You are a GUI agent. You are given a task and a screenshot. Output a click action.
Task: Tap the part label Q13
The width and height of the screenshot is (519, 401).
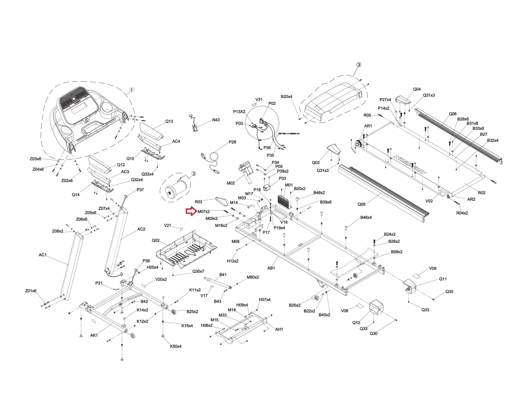(169, 121)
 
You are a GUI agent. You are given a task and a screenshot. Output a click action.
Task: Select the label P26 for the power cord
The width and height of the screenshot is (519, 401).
(232, 142)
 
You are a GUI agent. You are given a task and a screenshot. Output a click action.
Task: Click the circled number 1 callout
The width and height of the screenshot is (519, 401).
(132, 90)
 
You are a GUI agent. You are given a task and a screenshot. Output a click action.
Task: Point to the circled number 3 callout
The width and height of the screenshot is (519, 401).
(359, 65)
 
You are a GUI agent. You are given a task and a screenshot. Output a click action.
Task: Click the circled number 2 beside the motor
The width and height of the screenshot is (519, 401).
(194, 174)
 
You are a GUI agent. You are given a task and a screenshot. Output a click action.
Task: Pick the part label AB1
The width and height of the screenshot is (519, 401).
(271, 268)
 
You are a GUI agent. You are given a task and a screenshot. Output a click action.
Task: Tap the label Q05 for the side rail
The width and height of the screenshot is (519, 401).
(361, 204)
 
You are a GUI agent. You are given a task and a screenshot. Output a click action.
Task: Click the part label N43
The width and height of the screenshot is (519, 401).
(216, 120)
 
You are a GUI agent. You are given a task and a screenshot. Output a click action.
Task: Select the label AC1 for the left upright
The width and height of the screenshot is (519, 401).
(43, 255)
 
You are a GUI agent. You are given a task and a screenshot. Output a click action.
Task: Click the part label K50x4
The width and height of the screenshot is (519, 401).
(176, 346)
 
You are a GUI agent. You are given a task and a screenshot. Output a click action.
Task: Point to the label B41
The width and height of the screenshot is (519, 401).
(223, 275)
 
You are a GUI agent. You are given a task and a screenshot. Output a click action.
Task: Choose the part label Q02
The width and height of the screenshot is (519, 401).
(156, 240)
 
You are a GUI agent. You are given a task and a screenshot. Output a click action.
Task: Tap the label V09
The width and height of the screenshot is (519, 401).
(433, 268)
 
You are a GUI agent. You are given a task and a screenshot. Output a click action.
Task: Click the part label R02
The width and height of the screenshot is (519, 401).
(481, 193)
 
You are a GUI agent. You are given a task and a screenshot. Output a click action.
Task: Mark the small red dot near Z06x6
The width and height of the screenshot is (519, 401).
(86, 230)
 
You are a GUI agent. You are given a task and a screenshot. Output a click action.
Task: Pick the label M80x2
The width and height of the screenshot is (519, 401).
(253, 277)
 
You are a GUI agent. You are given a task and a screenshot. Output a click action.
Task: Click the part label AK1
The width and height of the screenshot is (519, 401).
(94, 335)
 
